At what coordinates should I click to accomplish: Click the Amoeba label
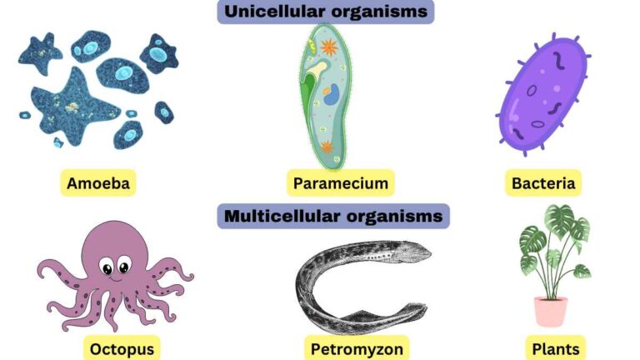pyautogui.click(x=98, y=183)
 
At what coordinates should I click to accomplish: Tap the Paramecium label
pyautogui.click(x=340, y=183)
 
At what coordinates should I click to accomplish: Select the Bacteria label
pyautogui.click(x=543, y=183)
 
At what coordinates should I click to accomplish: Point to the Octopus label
pyautogui.click(x=122, y=349)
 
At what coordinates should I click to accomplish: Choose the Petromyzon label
pyautogui.click(x=357, y=349)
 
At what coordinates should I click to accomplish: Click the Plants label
pyautogui.click(x=556, y=349)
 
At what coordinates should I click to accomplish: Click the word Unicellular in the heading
pyautogui.click(x=275, y=11)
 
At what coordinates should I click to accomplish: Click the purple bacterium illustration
pyautogui.click(x=543, y=93)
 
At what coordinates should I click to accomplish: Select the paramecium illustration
pyautogui.click(x=325, y=97)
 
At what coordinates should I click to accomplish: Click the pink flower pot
pyautogui.click(x=551, y=312)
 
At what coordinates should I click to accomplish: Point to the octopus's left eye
pyautogui.click(x=107, y=268)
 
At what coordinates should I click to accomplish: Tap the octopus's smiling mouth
pyautogui.click(x=116, y=279)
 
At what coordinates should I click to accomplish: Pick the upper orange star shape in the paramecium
pyautogui.click(x=329, y=47)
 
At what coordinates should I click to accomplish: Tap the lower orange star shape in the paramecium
pyautogui.click(x=327, y=147)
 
